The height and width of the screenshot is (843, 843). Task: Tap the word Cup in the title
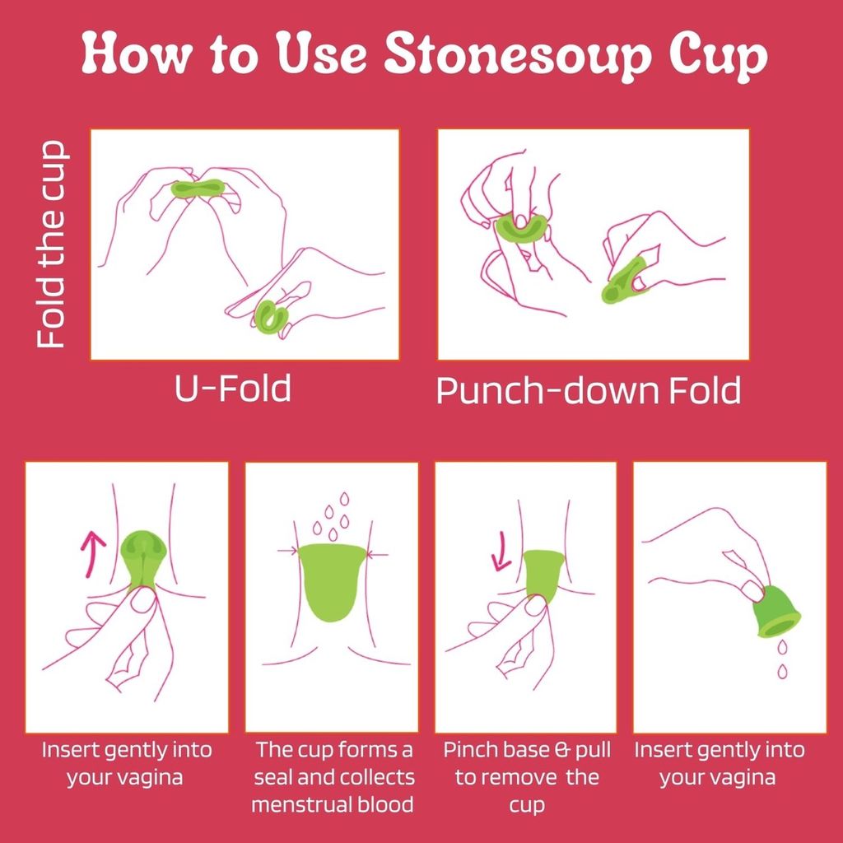tap(718, 55)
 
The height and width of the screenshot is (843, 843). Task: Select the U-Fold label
tap(233, 389)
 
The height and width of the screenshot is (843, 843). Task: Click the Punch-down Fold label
tap(588, 390)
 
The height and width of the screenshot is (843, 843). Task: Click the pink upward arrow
tap(92, 554)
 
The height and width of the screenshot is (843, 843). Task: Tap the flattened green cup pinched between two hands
tap(198, 189)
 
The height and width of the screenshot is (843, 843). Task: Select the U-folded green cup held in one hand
tap(272, 317)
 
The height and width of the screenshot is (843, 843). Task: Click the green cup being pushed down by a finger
tap(520, 229)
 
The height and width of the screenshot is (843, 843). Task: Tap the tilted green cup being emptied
tap(775, 612)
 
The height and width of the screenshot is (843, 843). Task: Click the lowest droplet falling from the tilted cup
tap(783, 671)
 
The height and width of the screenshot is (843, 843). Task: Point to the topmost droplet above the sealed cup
tap(345, 499)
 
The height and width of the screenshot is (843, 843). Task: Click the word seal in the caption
tap(272, 777)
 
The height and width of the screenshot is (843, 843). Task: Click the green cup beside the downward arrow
tap(543, 575)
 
